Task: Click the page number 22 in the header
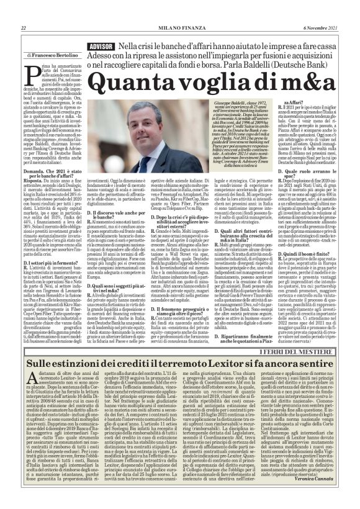tap(23, 28)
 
